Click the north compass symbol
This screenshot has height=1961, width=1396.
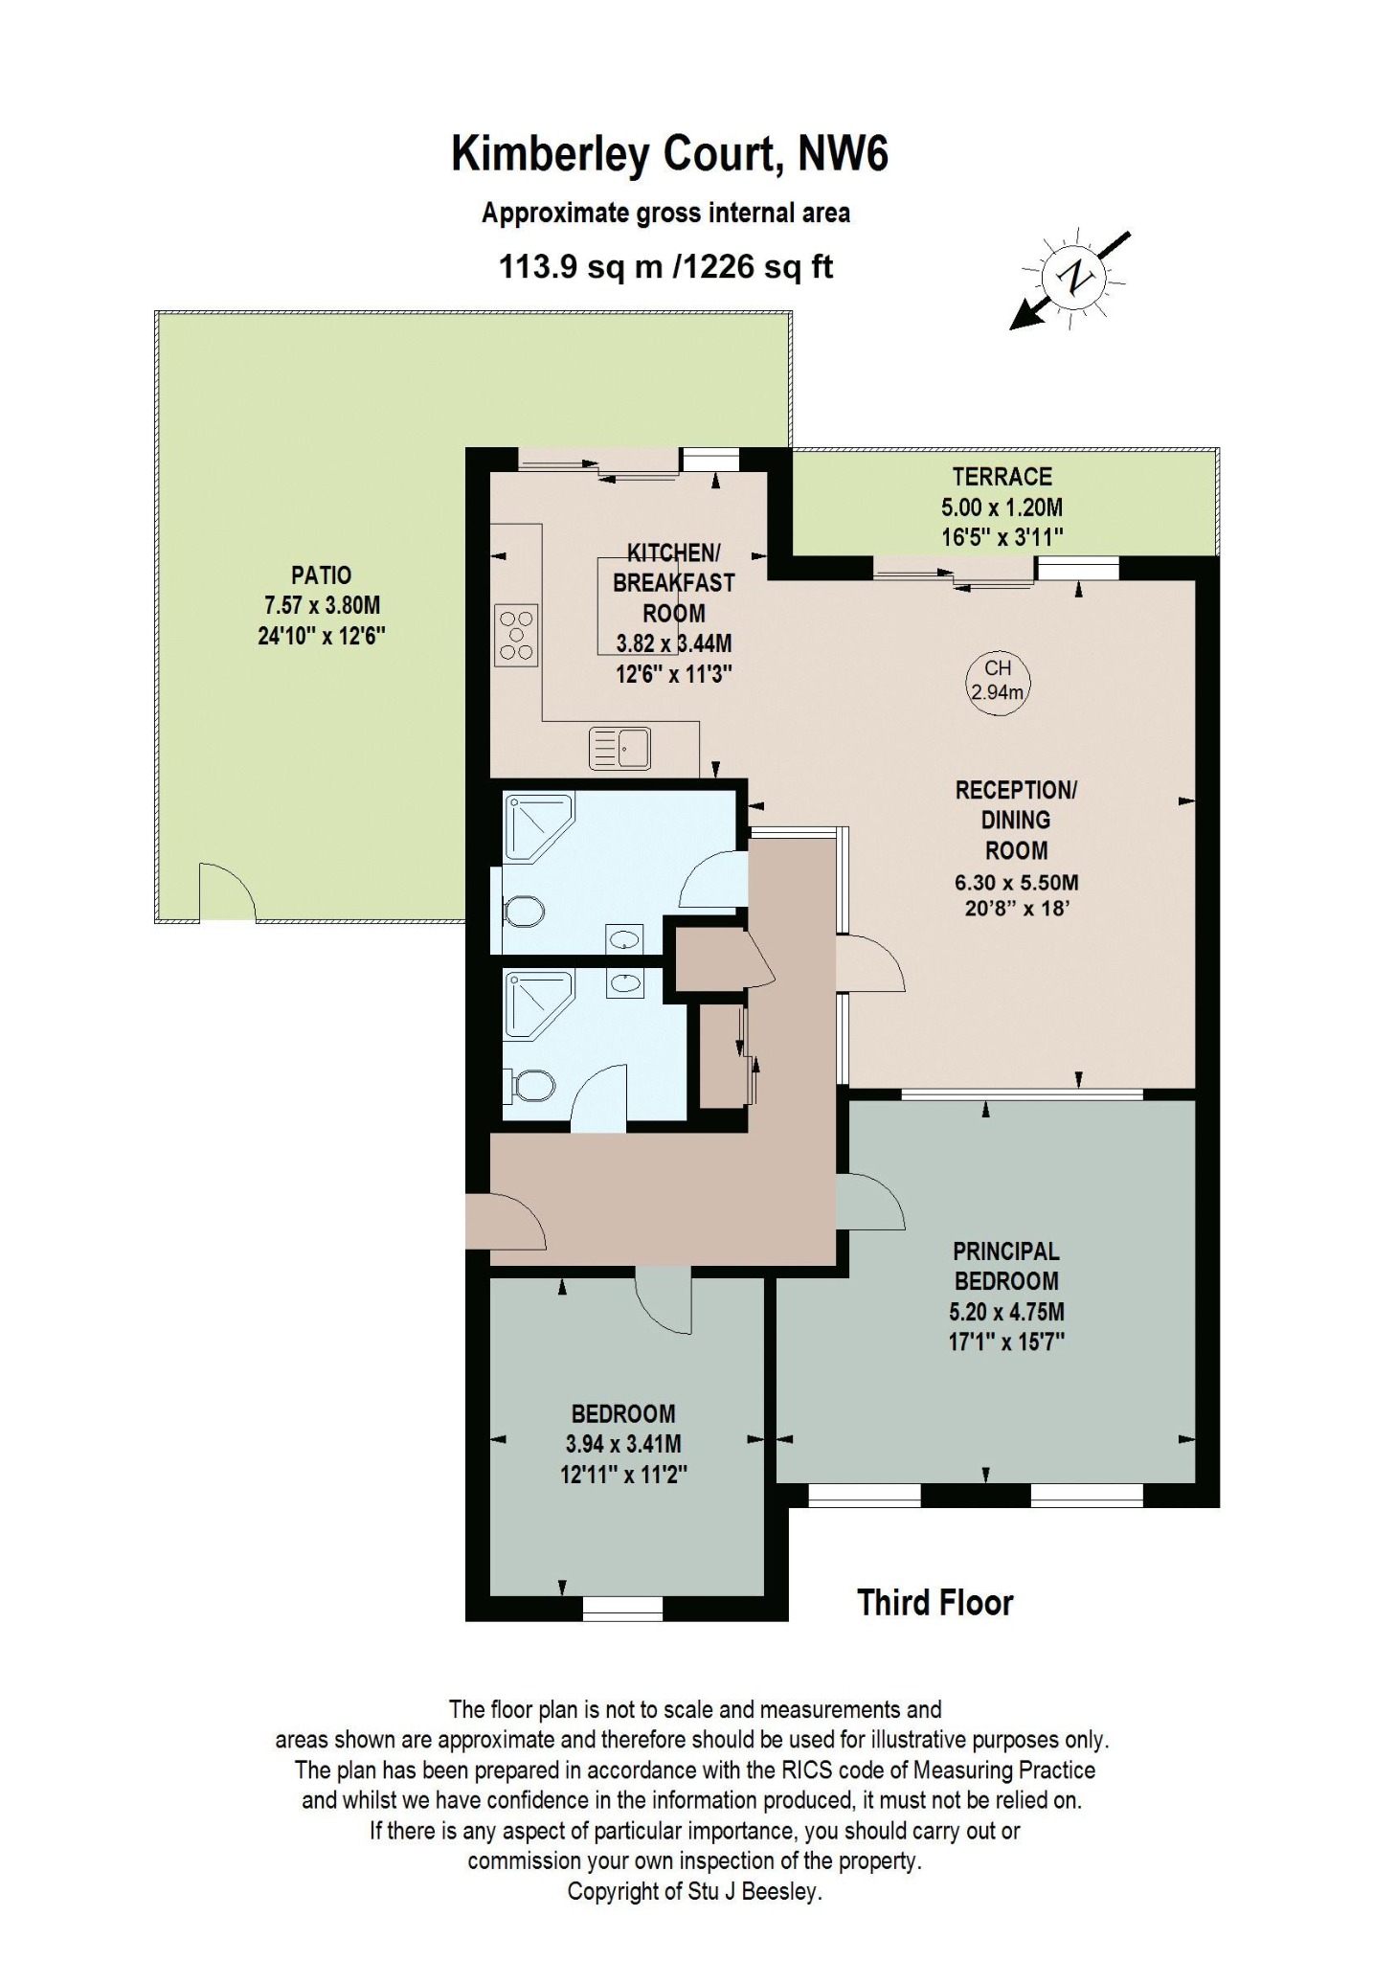tap(1072, 279)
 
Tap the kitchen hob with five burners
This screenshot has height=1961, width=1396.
tap(516, 634)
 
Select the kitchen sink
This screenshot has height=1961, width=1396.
tap(619, 748)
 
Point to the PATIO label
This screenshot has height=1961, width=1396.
tap(321, 575)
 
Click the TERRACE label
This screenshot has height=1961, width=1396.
tap(1002, 477)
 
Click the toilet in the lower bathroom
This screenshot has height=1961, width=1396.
tap(529, 1086)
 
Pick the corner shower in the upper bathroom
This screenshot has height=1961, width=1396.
tap(538, 825)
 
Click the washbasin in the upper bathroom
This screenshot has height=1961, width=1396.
tap(624, 939)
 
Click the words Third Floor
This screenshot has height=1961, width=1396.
tap(934, 1603)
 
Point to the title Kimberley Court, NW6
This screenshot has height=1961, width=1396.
tap(670, 153)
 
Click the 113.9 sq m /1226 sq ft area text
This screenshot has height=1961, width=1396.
tap(666, 266)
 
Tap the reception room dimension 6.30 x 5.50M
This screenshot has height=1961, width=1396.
tap(1016, 882)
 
